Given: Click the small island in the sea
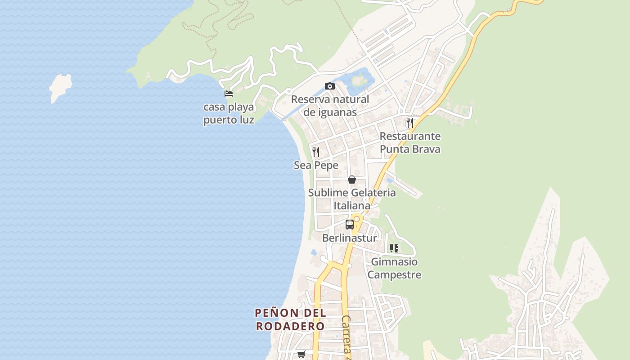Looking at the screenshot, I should tap(61, 87).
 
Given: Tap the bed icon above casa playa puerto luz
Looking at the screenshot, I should tap(229, 94).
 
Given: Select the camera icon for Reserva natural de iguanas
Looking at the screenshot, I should tap(330, 86).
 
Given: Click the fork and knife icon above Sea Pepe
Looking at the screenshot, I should tap(316, 152).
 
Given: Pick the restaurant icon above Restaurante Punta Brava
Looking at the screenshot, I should tap(409, 122).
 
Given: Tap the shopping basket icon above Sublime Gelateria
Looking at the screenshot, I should tap(352, 180).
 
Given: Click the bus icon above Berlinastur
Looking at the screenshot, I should tap(350, 224).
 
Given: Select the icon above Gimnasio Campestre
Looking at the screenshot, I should tap(394, 248).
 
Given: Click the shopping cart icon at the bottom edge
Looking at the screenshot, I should tap(301, 355).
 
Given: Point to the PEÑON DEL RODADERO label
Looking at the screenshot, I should tap(290, 319).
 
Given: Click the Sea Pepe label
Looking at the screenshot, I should tap(316, 165).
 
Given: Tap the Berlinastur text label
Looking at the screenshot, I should tap(350, 238).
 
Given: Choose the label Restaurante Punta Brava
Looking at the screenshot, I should tap(410, 143).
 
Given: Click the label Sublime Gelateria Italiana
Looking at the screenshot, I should tap(352, 199).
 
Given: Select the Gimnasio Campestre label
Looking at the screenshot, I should tap(394, 268).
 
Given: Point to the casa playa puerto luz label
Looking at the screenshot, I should tap(229, 113).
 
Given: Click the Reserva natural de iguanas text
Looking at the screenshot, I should tap(330, 106).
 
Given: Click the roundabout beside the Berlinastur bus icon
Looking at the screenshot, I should tap(357, 219).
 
